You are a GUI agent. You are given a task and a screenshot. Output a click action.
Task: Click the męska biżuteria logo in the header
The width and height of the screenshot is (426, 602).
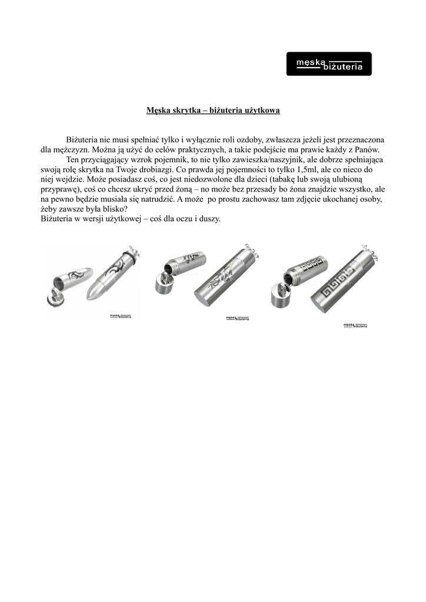click(329, 64)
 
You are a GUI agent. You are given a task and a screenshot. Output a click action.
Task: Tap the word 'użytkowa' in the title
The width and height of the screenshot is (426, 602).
click(261, 110)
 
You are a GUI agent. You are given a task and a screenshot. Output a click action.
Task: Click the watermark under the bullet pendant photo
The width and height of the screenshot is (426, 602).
click(121, 316)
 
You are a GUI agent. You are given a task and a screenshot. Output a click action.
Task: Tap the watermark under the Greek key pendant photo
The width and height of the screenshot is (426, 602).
click(355, 325)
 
